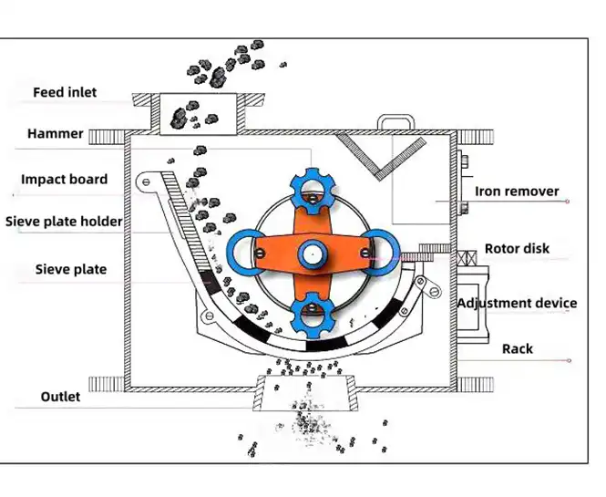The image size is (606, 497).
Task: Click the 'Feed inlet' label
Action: tap(65, 92)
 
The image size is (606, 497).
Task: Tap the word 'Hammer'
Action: tap(56, 134)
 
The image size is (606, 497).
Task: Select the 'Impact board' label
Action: tap(64, 180)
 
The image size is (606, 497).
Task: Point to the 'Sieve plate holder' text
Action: tap(64, 222)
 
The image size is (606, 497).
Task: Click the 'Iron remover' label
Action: tap(517, 192)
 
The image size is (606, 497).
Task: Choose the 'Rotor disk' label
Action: tap(517, 249)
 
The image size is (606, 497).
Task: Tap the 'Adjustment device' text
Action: tap(517, 303)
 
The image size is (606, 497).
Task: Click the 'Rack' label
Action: tap(517, 349)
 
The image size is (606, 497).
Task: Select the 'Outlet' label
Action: tap(60, 397)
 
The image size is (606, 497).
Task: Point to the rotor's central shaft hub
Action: tap(313, 254)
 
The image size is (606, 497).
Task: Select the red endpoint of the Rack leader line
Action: tap(569, 361)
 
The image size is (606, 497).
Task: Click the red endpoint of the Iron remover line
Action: tap(568, 202)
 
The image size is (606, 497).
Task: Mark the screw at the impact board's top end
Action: tap(146, 181)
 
